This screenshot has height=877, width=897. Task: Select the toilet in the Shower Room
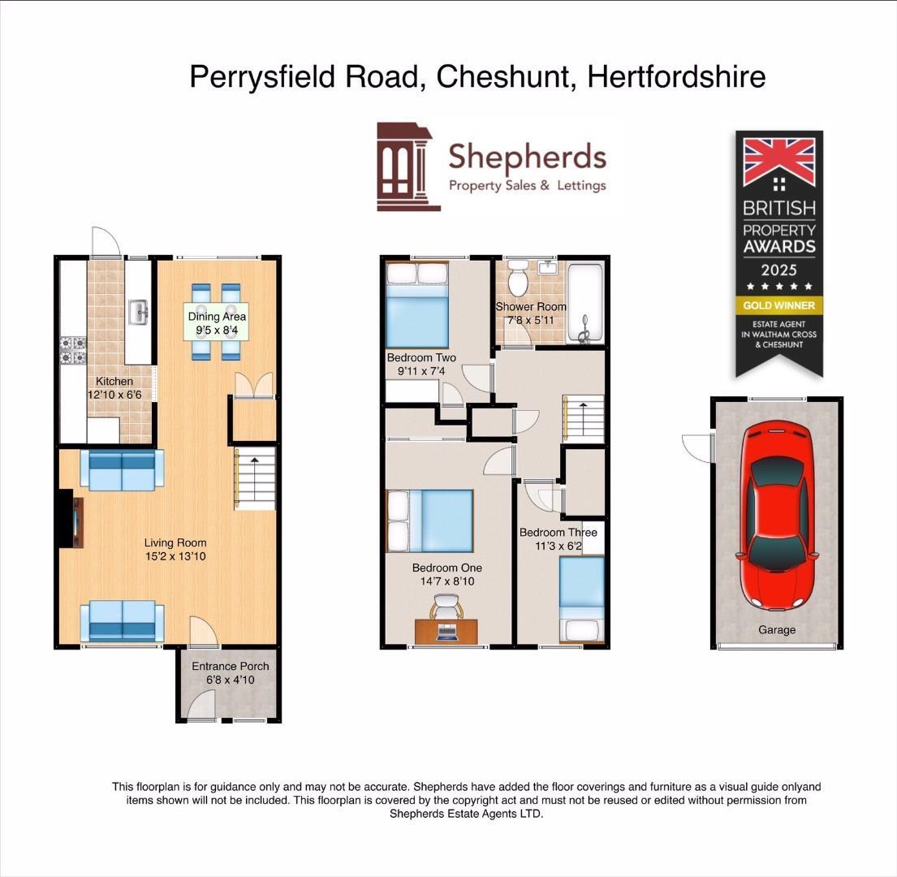(517, 280)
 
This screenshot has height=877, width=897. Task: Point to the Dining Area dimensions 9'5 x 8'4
(217, 330)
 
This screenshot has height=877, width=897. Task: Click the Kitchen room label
(114, 381)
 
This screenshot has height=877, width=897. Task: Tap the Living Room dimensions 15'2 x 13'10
(175, 556)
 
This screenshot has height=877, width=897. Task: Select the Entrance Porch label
(230, 666)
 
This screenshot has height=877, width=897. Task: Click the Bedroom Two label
(420, 357)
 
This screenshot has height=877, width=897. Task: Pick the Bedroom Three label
(558, 533)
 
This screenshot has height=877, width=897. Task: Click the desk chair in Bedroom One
(446, 606)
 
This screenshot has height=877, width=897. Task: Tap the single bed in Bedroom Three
(582, 597)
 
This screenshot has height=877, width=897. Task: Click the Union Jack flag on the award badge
(778, 162)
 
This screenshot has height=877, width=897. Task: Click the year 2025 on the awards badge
(778, 270)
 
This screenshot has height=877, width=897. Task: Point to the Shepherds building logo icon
(408, 166)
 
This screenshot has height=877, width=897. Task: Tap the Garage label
(776, 629)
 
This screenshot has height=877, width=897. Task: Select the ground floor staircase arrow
(254, 460)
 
